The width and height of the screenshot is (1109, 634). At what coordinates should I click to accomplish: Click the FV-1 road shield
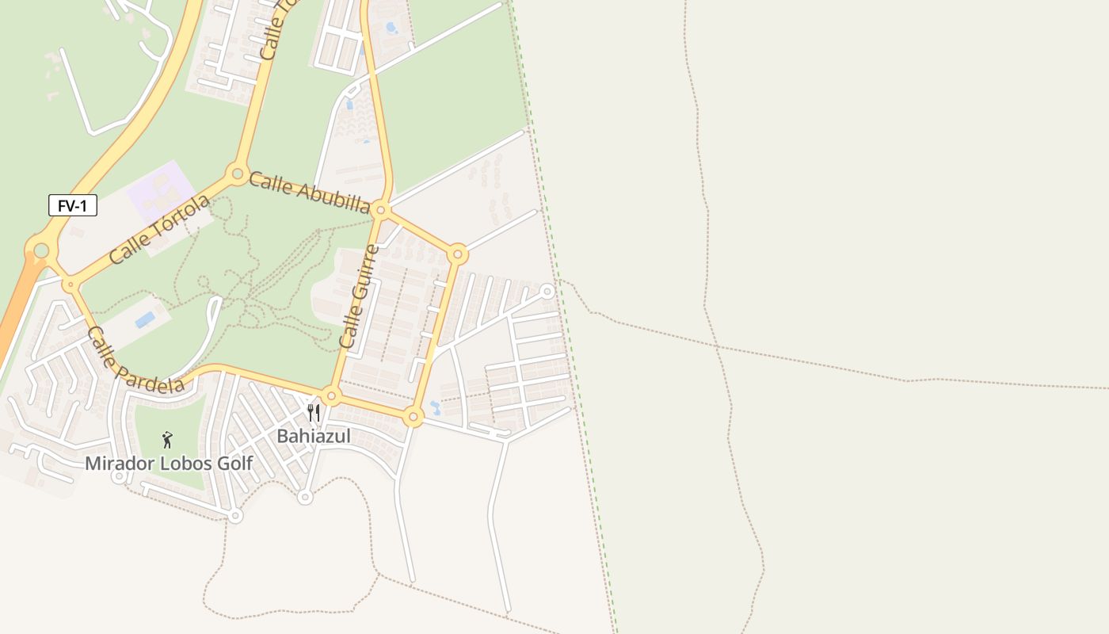click(73, 206)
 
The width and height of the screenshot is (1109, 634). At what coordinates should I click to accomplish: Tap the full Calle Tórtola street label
click(160, 229)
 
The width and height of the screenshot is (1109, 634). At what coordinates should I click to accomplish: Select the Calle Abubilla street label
click(310, 192)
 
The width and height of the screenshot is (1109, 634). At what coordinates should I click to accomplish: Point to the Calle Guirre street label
click(359, 296)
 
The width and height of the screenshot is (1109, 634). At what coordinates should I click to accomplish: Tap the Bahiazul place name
click(313, 436)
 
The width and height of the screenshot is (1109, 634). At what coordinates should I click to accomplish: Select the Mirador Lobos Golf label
click(169, 464)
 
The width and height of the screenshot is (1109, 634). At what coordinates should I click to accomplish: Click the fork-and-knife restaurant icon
click(314, 413)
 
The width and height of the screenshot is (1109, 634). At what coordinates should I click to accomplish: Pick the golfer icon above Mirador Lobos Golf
click(167, 440)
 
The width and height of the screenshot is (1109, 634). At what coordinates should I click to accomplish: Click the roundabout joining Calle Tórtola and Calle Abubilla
click(236, 174)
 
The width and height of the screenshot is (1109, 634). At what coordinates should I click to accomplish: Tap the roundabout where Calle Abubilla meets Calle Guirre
click(381, 210)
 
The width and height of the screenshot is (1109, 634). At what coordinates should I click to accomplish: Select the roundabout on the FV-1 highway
click(40, 251)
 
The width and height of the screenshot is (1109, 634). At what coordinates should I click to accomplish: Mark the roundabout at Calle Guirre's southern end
click(331, 395)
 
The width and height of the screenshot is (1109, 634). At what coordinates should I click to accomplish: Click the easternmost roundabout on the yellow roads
click(457, 254)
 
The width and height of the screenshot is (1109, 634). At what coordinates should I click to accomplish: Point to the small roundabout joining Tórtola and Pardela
click(71, 284)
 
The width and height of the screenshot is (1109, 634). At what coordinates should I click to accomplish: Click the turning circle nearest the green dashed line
click(547, 292)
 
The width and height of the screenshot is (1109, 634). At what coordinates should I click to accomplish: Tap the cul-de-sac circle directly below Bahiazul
click(305, 497)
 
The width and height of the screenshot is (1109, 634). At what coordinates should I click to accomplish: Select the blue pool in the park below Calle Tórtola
click(145, 319)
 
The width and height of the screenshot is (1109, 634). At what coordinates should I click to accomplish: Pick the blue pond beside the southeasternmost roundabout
click(434, 408)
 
